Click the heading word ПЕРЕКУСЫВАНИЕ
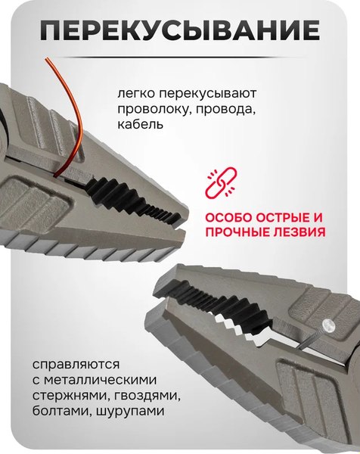coord(179,31)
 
